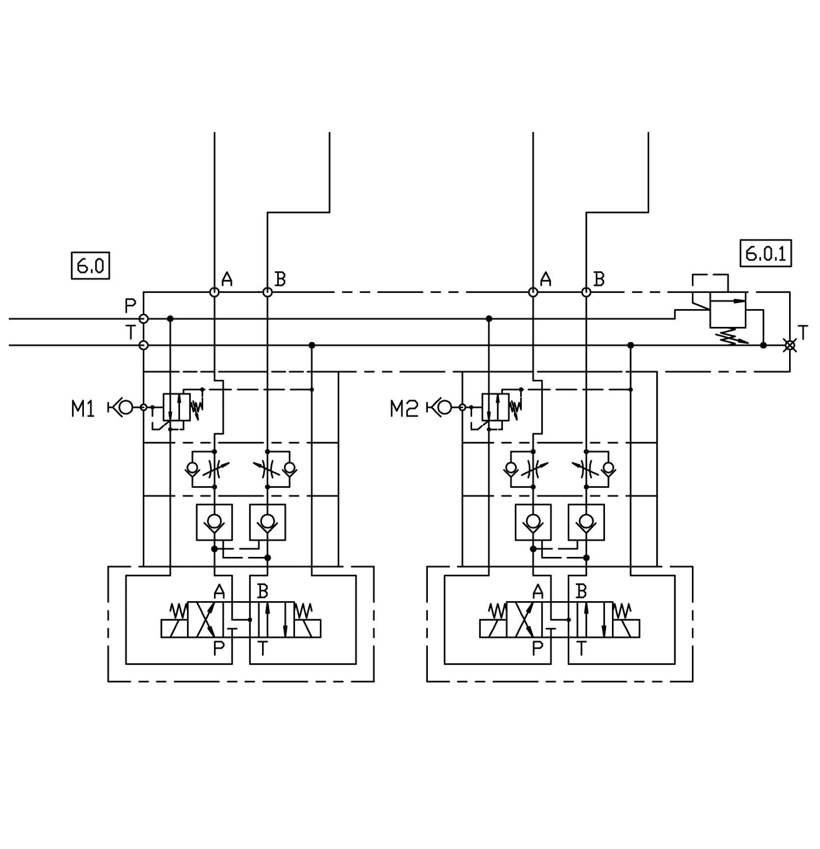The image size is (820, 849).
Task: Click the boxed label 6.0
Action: [90, 265]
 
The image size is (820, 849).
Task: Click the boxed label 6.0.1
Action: [766, 253]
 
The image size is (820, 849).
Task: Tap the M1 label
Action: [82, 408]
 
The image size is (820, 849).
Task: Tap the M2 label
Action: [404, 408]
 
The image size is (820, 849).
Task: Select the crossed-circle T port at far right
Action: [790, 345]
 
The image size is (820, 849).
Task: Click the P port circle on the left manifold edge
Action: [144, 319]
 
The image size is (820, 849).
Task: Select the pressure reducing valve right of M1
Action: [177, 407]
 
